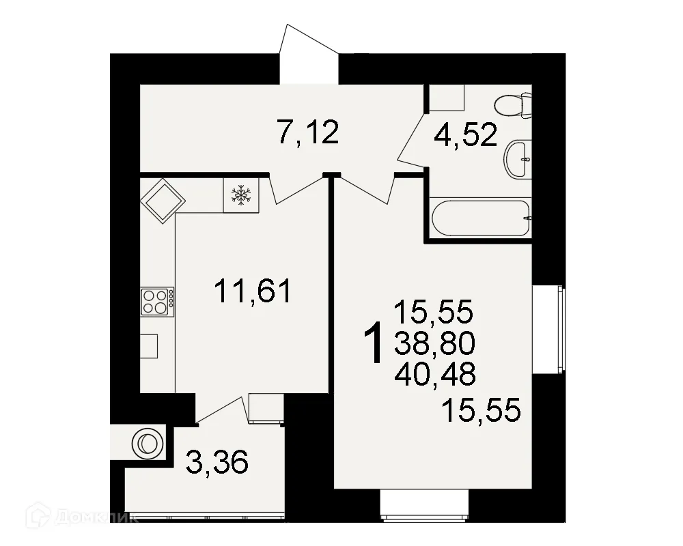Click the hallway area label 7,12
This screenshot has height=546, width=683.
(x=308, y=132)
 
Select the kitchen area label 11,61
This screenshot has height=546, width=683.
(x=253, y=292)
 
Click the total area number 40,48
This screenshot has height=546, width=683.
(x=434, y=373)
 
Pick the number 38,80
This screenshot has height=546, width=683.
(x=434, y=343)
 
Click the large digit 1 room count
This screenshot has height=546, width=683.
(x=373, y=345)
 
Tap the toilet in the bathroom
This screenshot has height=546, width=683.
(x=513, y=105)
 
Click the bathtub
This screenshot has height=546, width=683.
(x=481, y=218)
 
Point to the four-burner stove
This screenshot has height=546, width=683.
(x=157, y=301)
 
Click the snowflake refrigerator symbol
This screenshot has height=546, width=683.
(x=240, y=195)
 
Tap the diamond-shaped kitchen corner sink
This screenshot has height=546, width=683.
(x=163, y=200)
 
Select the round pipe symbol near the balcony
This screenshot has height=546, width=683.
(x=147, y=442)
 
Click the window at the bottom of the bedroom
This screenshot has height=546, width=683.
(x=424, y=506)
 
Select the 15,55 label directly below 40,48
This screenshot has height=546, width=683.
(x=482, y=410)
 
